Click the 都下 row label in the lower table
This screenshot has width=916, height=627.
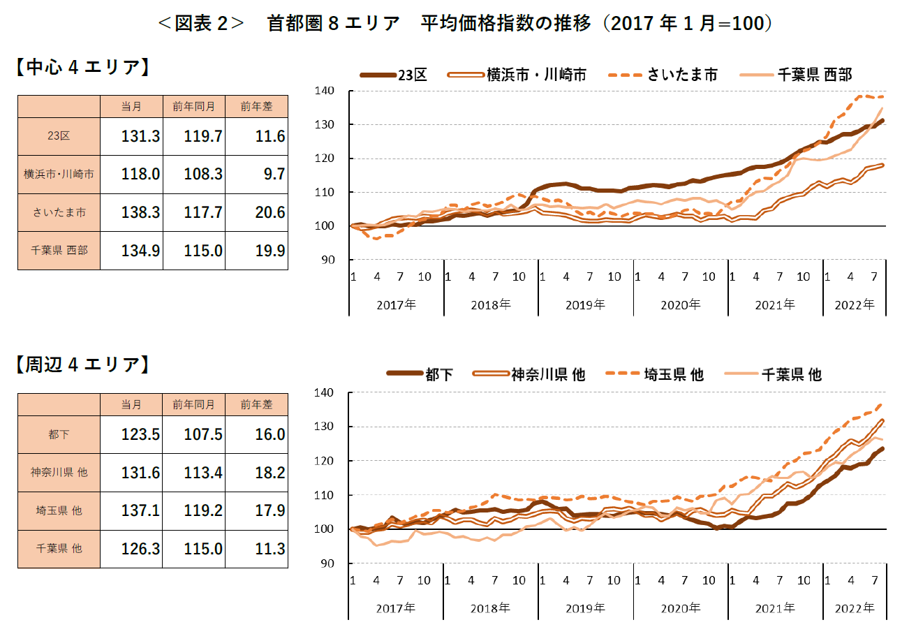[x=59, y=435]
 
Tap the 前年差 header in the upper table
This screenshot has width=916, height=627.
[x=256, y=106]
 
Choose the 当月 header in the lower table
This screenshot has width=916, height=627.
[x=131, y=405]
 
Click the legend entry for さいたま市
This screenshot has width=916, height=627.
[x=663, y=75]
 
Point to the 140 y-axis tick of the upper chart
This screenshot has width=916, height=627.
[x=327, y=91]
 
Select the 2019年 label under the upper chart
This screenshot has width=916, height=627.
[x=586, y=304]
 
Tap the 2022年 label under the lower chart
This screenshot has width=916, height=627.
[x=855, y=607]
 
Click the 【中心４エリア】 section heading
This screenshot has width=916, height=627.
[x=82, y=68]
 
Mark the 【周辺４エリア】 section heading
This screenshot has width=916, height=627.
[x=82, y=364]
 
